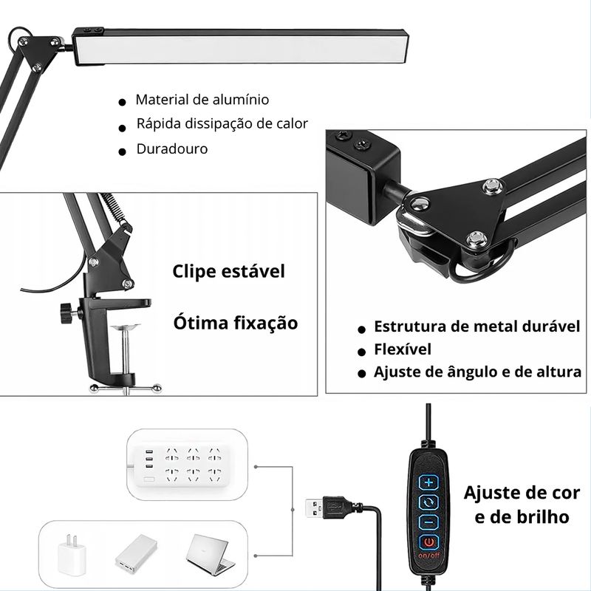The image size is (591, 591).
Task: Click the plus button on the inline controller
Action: pos(429,482)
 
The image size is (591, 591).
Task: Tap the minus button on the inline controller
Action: pos(429,522)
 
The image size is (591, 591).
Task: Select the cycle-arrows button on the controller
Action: pos(429,502)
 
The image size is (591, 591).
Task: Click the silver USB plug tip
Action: pos(314,508)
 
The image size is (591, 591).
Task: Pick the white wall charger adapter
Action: pos(72,555)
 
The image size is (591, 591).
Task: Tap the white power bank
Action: pos(137,555)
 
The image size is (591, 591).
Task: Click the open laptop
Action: pos(208,554)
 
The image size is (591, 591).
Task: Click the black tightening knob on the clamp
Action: pos(68,312)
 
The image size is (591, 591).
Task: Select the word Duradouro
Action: pos(172,149)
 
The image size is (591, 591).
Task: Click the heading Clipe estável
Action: pos(228,271)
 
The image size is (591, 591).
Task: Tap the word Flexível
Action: pos(403,349)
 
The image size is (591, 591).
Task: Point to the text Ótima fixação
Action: pos(236,323)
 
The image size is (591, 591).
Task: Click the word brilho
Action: pos(542,516)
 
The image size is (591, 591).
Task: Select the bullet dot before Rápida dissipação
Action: pos(122,128)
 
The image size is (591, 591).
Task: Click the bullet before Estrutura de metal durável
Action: pos(362,329)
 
